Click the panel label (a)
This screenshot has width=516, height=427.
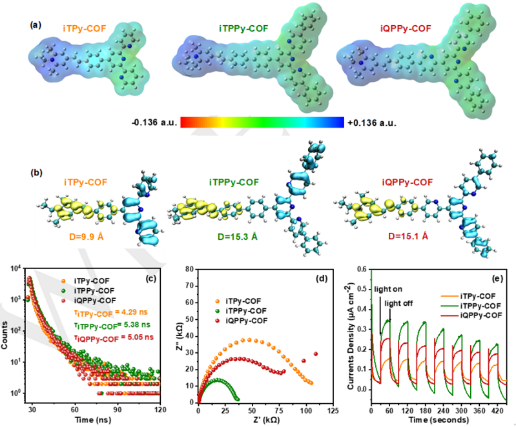pos(36,25)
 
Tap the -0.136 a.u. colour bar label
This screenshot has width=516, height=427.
pos(154,123)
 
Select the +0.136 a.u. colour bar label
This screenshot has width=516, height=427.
pos(372,123)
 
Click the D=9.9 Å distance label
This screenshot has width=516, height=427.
pos(84,236)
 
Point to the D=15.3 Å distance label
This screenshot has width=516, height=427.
pos(238,236)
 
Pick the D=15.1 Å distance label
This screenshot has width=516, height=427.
pos(408,236)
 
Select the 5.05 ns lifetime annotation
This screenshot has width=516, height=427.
pos(137,337)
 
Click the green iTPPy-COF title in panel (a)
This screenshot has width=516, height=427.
pos(243,28)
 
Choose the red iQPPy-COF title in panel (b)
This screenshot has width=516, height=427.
pos(408,182)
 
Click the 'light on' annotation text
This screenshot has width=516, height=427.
pos(388,289)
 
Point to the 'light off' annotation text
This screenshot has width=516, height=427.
pos(398,303)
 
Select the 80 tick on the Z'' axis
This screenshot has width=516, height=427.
pos(190,269)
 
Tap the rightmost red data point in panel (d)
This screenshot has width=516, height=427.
pos(316,354)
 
